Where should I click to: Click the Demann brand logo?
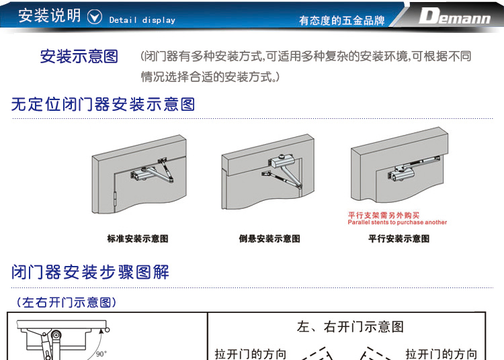pyautogui.click(x=454, y=15)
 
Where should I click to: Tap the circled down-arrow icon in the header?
pyautogui.click(x=95, y=17)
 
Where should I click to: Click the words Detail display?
pyautogui.click(x=142, y=20)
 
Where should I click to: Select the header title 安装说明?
pyautogui.click(x=49, y=15)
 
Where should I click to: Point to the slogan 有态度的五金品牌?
pyautogui.click(x=341, y=21)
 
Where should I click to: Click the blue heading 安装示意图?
pyautogui.click(x=79, y=56)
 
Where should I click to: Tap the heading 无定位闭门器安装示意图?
pyautogui.click(x=103, y=104)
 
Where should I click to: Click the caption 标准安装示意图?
pyautogui.click(x=138, y=238)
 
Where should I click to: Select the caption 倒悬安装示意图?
pyautogui.click(x=269, y=238)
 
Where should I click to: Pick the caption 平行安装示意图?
pyautogui.click(x=399, y=238)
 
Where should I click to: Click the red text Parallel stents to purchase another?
pyautogui.click(x=397, y=222)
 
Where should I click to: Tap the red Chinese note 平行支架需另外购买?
pyautogui.click(x=384, y=215)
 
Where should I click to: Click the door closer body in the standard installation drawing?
pyautogui.click(x=139, y=174)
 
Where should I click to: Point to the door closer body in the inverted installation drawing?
pyautogui.click(x=280, y=161)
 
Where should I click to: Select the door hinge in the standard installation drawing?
pyautogui.click(x=116, y=199)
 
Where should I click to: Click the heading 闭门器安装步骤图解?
pyautogui.click(x=90, y=272)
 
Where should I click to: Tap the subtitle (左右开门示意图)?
pyautogui.click(x=67, y=302)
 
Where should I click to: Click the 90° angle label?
pyautogui.click(x=101, y=354)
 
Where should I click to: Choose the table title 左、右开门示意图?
pyautogui.click(x=350, y=326)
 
